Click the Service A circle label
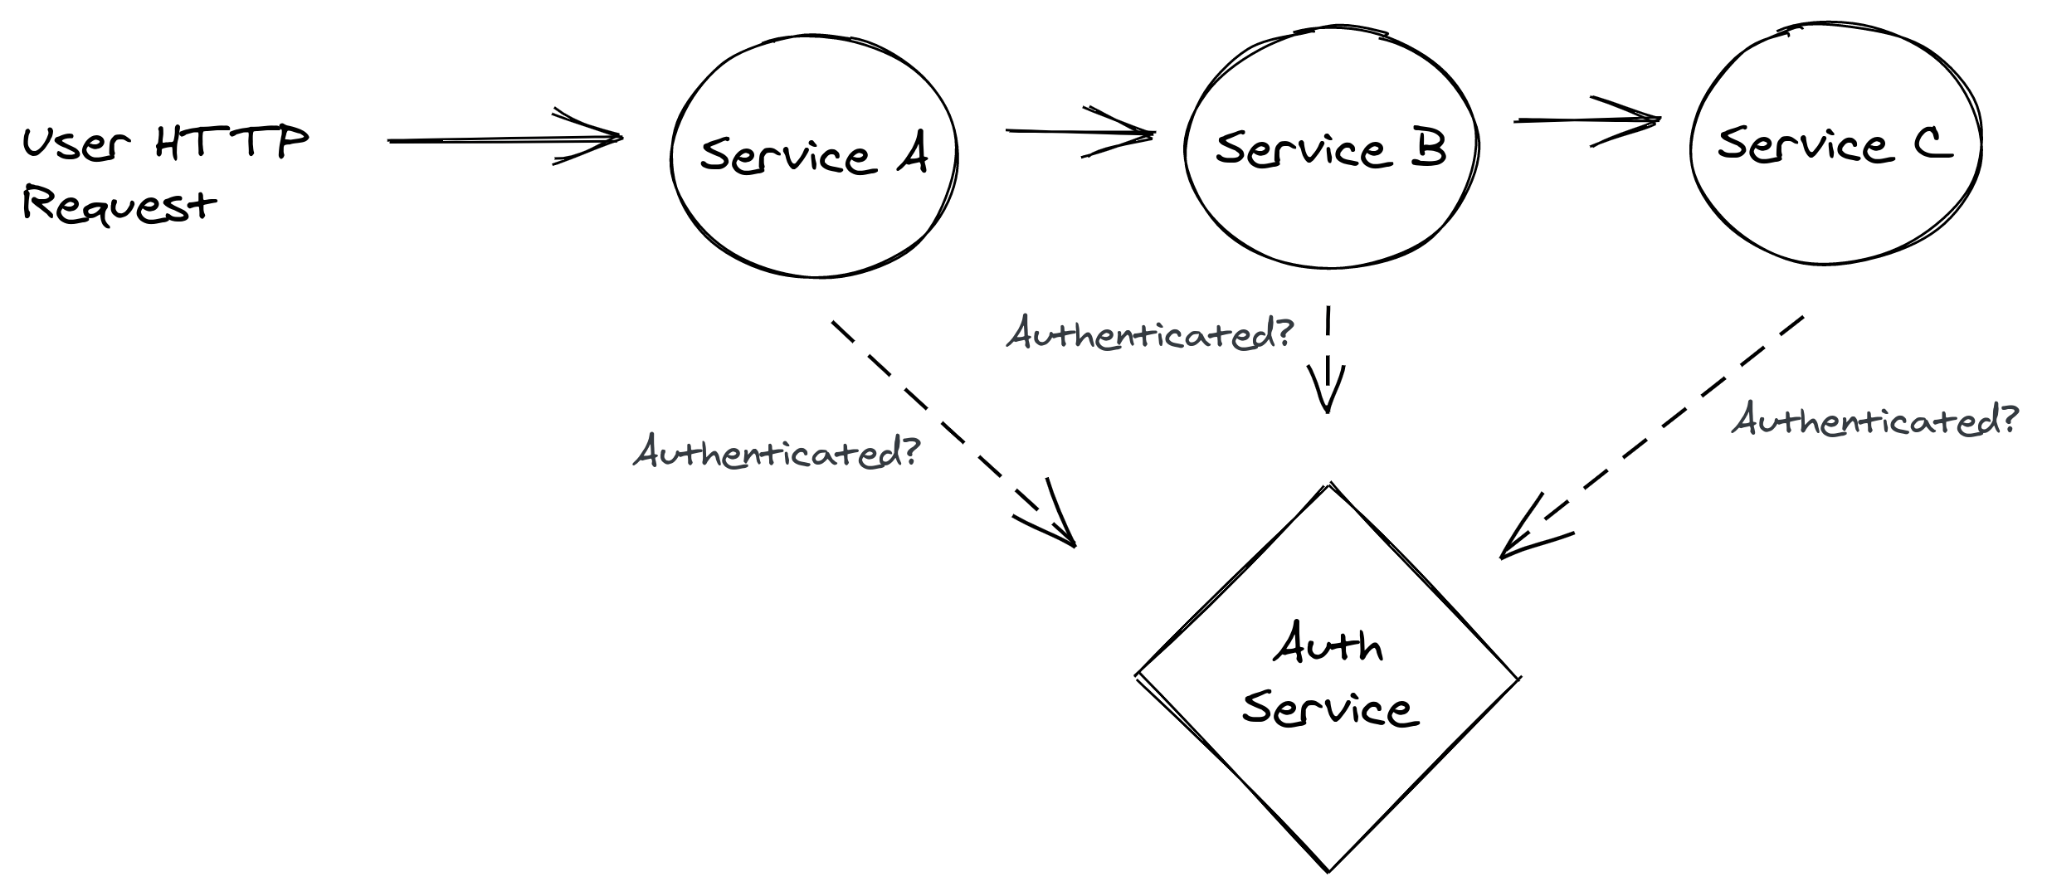pos(813,155)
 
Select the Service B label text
pos(1331,149)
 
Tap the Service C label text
pos(1834,144)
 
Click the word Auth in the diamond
pos(1328,645)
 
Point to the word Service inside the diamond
pos(1330,710)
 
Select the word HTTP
pos(232,142)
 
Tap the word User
pos(76,144)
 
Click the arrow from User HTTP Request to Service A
pos(504,139)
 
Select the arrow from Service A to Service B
pos(1079,131)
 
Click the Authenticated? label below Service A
pos(777,452)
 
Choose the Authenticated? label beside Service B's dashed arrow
pos(1150,334)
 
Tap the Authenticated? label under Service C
pos(1874,421)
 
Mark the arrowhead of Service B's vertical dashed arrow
pos(1327,397)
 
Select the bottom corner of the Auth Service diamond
pos(1328,870)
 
